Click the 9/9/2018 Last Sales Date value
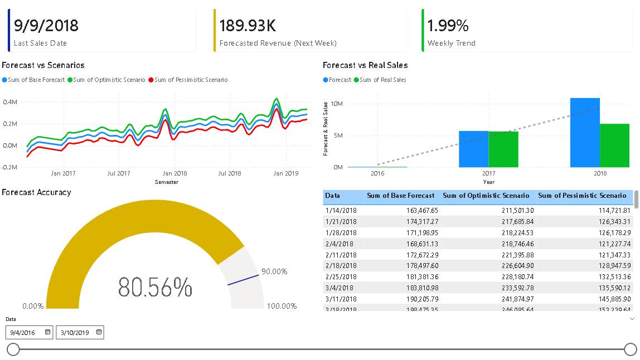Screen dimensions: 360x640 click(x=46, y=26)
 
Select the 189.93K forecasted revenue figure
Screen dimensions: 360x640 click(x=248, y=26)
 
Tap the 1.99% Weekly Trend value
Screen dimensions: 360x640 click(x=448, y=26)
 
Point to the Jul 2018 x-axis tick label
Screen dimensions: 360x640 click(x=230, y=173)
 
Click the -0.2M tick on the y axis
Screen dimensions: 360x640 click(x=10, y=167)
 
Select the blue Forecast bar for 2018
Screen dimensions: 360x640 click(x=585, y=133)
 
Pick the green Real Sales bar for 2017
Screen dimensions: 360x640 click(x=503, y=149)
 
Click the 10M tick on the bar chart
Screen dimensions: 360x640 click(x=336, y=104)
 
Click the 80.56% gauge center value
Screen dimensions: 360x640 click(x=155, y=287)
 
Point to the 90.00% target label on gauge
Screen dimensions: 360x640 click(x=274, y=271)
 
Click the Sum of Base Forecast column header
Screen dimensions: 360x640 click(x=400, y=196)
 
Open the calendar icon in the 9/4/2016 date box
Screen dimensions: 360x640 click(x=47, y=332)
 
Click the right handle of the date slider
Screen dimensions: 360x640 click(x=630, y=349)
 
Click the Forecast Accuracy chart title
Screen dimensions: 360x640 click(x=36, y=192)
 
